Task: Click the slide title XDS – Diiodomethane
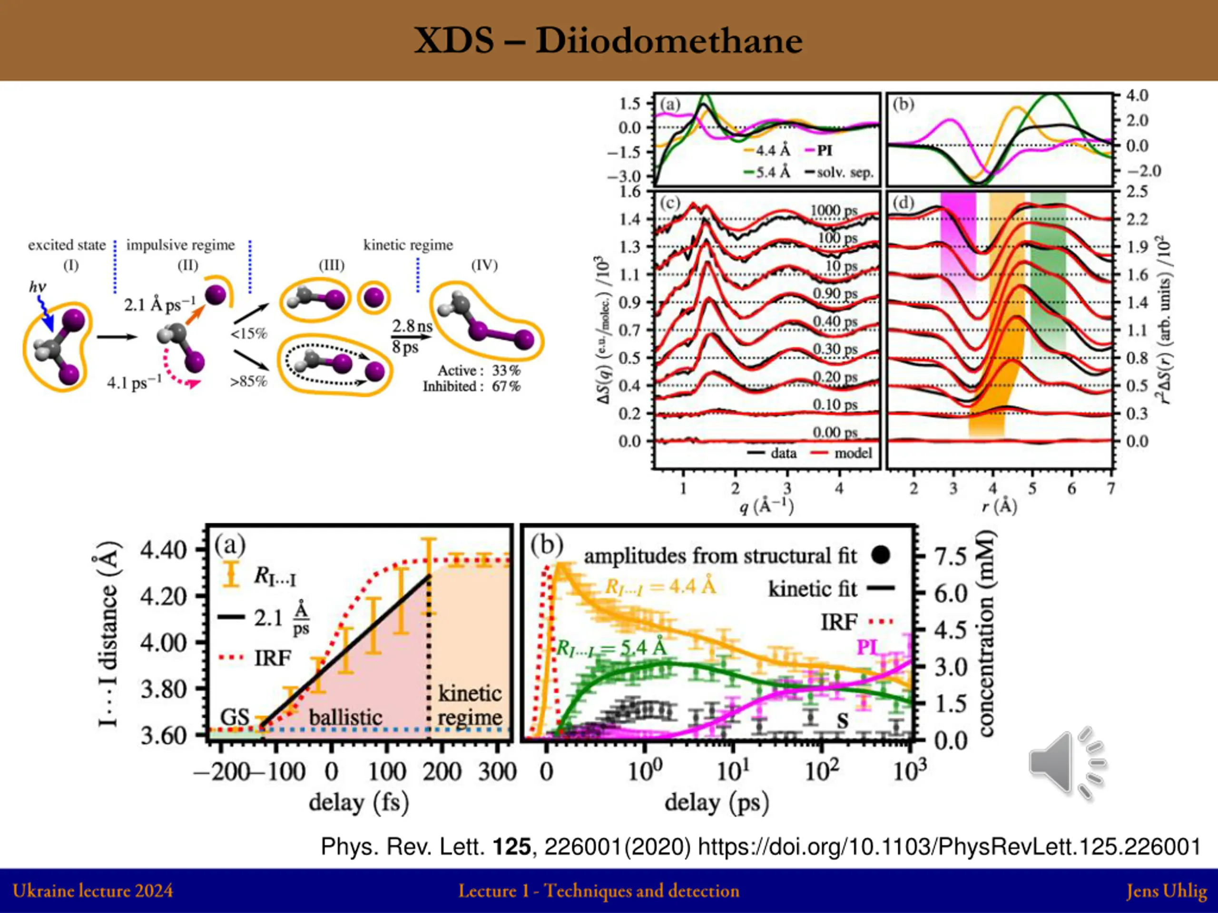click(x=608, y=41)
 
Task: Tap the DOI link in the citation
click(x=949, y=846)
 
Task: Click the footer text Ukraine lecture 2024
click(x=92, y=891)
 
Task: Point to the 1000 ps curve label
click(x=833, y=211)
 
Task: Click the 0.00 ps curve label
click(x=835, y=433)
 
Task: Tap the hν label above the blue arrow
click(x=38, y=287)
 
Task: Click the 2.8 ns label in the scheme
click(x=412, y=326)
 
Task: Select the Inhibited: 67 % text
click(x=471, y=386)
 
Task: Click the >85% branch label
click(x=248, y=381)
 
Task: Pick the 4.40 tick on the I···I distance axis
click(x=164, y=550)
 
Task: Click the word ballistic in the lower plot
click(x=345, y=717)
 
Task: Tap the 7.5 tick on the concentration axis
click(x=951, y=556)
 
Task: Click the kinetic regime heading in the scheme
click(x=408, y=245)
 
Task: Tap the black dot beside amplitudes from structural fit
click(x=881, y=555)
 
